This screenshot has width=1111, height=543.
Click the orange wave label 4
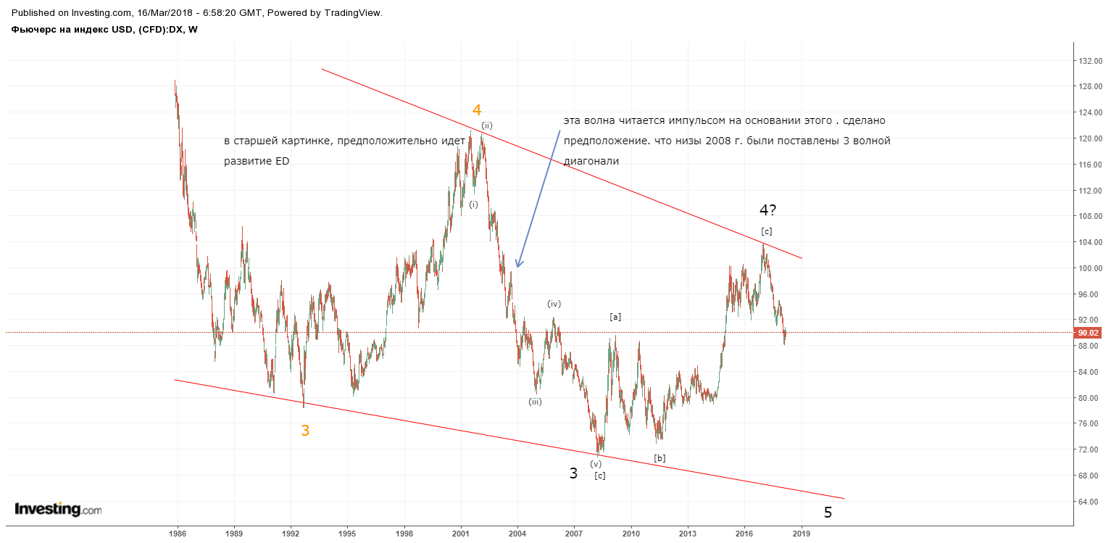[x=477, y=109]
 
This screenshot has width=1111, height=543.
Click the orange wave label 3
[x=305, y=431]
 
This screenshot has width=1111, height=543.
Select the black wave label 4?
[x=767, y=210]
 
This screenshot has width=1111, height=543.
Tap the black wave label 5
[x=828, y=513]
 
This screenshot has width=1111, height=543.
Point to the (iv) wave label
[x=554, y=304]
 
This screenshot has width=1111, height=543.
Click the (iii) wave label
[x=535, y=402]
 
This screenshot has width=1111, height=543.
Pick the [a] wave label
[x=615, y=317]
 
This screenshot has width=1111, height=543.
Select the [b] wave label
[x=659, y=458]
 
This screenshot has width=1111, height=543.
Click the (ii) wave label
[x=486, y=125]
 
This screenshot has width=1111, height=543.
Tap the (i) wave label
[x=474, y=204]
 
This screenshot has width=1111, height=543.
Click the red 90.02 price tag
[x=1087, y=333]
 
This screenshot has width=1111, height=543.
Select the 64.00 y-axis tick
[x=1089, y=502]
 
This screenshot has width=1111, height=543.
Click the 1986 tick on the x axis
[x=178, y=534]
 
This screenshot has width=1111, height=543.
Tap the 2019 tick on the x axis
[x=802, y=534]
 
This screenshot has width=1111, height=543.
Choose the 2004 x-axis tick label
[x=517, y=534]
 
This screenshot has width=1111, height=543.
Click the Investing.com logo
[x=58, y=509]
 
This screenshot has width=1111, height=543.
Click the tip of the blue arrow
[x=517, y=268]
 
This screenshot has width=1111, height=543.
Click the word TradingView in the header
[x=353, y=13]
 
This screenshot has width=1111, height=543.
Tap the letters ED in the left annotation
[x=283, y=162]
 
